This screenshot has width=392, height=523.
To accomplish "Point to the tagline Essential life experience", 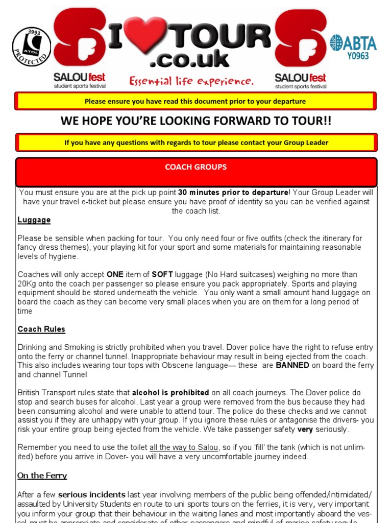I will coord(191,81).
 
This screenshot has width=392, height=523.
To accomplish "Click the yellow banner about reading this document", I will coord(195,101).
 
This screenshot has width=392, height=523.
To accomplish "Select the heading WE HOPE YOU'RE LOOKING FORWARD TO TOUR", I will coord(195,121).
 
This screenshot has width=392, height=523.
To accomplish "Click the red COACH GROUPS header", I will coord(196,167).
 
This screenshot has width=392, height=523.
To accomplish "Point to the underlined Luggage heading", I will coord(34,220).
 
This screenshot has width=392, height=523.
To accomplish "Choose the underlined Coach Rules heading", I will coord(41,329).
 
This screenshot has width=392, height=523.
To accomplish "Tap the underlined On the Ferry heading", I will coord(42,476).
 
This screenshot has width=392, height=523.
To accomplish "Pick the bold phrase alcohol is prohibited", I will coord(170,393).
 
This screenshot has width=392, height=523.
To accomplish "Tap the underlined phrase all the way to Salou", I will coord(184,447).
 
